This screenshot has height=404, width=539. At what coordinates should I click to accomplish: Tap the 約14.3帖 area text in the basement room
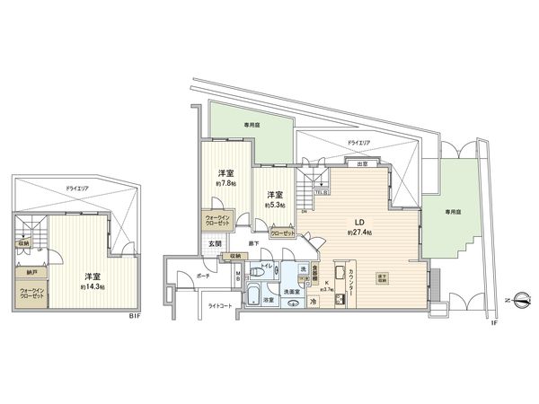[x=92, y=286]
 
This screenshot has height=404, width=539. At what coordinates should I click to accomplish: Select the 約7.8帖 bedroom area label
[x=225, y=183]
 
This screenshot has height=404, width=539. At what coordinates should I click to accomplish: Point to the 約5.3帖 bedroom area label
[x=275, y=205]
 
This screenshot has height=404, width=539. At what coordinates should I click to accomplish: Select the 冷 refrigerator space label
[x=313, y=302]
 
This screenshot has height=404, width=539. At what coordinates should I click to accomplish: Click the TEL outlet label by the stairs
[x=320, y=191]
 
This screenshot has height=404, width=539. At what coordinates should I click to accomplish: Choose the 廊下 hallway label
[x=253, y=243]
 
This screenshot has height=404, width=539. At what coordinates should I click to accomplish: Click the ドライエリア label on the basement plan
[x=76, y=190]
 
